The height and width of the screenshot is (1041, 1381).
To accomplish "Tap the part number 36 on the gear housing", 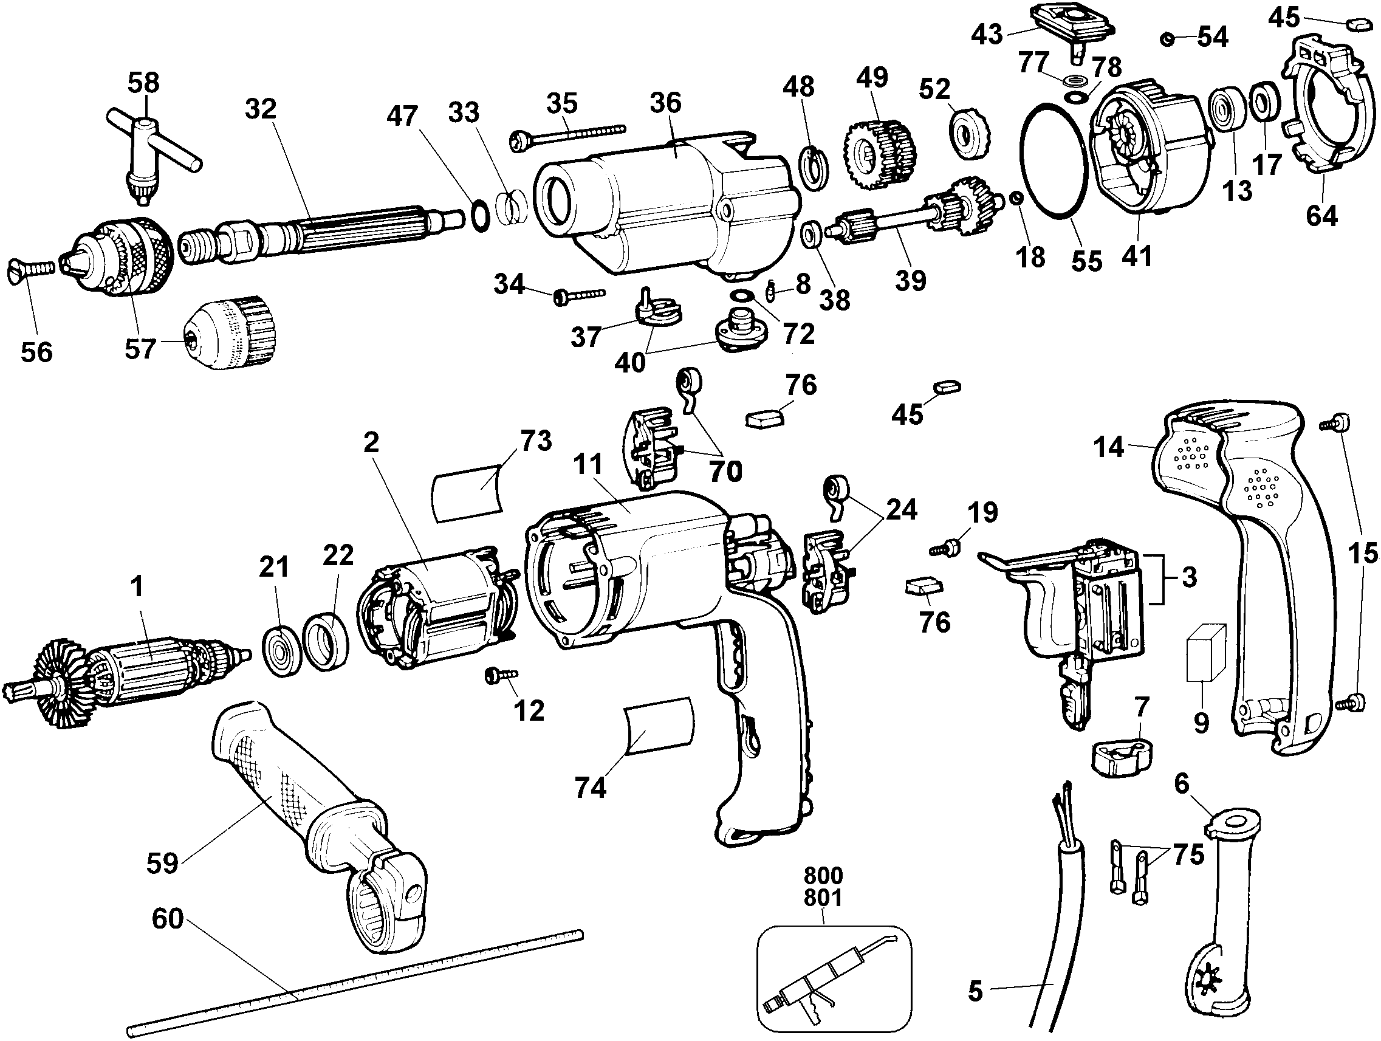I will pyautogui.click(x=665, y=103).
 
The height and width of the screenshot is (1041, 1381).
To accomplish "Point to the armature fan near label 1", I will pyautogui.click(x=60, y=684).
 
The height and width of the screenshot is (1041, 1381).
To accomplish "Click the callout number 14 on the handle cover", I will pyautogui.click(x=1109, y=447).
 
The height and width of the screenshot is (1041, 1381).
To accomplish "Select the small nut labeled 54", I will pyautogui.click(x=1167, y=39).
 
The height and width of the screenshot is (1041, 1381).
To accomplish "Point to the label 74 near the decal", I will pyautogui.click(x=590, y=788).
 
